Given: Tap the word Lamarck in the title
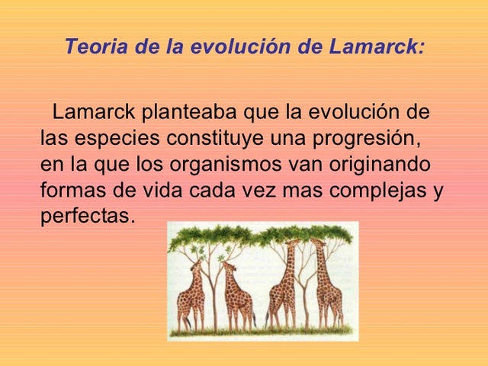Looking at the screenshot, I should [376, 47].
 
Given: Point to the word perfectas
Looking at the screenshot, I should [87, 215].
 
